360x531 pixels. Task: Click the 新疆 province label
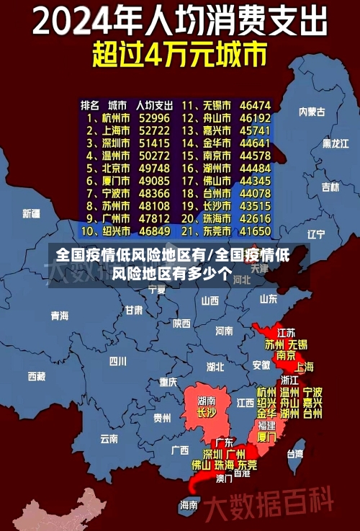click(x=31, y=213)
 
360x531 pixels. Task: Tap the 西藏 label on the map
click(x=36, y=376)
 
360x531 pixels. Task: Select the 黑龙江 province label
click(x=335, y=143)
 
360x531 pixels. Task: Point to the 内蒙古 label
click(x=312, y=112)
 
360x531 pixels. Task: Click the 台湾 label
click(x=295, y=454)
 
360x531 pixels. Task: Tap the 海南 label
click(x=189, y=505)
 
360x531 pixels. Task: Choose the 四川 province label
click(x=117, y=361)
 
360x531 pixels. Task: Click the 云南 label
click(x=109, y=437)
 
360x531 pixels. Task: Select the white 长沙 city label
click(x=206, y=413)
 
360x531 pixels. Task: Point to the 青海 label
click(x=60, y=316)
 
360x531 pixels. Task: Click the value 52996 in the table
click(x=154, y=117)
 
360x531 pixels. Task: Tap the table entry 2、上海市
click(x=108, y=130)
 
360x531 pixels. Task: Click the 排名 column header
click(x=90, y=104)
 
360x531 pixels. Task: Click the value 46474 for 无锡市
click(x=255, y=104)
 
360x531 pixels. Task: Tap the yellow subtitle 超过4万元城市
click(x=180, y=54)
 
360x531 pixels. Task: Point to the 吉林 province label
click(x=330, y=187)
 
